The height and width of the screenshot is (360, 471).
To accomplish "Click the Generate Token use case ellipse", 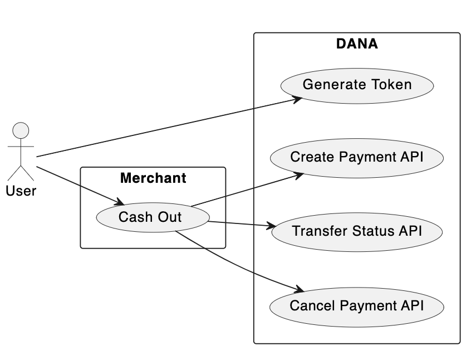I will coord(357,85).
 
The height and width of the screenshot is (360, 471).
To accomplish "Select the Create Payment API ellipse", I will coord(357,157).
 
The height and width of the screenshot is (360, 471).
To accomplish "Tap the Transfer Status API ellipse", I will coord(357,231).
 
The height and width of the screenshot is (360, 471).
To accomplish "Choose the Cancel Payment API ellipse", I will coord(357,306).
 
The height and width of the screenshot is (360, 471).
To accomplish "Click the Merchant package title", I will coord(153,178).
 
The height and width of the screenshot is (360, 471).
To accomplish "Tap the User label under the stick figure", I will coord(21,191).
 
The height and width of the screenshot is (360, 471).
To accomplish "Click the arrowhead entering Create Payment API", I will coord(298,175).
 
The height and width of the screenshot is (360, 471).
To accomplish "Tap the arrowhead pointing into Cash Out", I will coord(120,202).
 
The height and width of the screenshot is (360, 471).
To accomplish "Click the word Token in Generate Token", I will coord(392,85).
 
